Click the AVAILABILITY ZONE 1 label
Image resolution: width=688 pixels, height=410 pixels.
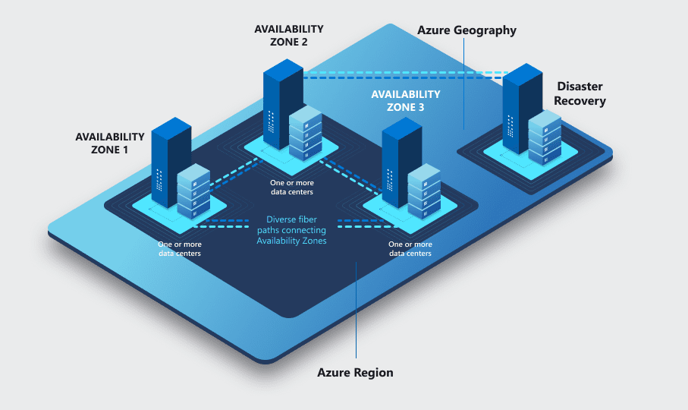point(109,143)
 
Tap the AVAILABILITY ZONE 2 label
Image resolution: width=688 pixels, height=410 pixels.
point(288,35)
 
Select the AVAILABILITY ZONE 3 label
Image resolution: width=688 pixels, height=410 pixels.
point(405,100)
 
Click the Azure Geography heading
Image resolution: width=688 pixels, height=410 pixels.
point(467,30)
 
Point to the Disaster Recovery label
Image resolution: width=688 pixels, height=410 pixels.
point(581,93)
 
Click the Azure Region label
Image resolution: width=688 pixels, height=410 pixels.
point(355,373)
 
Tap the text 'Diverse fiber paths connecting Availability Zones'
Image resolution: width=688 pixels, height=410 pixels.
point(291,230)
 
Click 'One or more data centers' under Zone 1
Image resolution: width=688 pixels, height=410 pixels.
point(180,249)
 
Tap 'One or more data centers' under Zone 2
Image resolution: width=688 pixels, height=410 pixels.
point(292,188)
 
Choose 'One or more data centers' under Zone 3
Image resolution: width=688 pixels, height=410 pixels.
point(410,249)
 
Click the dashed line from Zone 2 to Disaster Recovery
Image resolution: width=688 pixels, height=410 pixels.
point(402,76)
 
